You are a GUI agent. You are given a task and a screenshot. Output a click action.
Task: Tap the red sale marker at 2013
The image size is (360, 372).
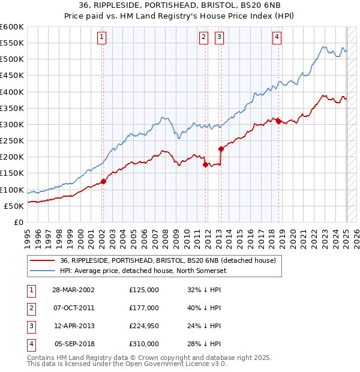[x=221, y=149]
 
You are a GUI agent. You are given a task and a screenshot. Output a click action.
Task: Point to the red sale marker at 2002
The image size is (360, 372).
[x=103, y=181]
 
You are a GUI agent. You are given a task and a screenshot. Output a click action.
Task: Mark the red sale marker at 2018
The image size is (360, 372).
[x=279, y=121]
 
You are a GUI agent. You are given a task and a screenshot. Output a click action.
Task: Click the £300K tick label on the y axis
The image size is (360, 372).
[x=11, y=124]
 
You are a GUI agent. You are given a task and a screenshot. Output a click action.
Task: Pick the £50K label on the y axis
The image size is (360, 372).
[x=14, y=206]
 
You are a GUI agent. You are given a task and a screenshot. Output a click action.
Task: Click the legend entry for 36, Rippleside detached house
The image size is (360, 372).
[x=167, y=260]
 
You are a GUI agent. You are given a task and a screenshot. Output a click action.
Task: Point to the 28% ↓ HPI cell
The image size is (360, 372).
[x=205, y=344]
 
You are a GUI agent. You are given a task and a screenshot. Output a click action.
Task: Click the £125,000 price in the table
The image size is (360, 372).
[x=144, y=290]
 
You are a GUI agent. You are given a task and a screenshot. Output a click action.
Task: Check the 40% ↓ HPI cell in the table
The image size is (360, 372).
[x=205, y=308]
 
